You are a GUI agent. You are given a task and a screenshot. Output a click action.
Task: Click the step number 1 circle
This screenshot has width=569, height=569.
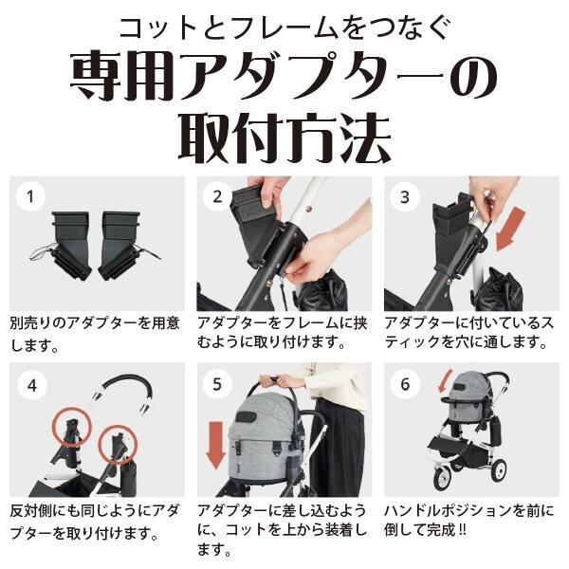point(30,196)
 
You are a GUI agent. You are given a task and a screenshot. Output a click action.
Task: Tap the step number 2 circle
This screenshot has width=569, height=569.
point(217,196)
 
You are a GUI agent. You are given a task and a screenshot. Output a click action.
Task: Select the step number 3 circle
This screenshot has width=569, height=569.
point(405,197)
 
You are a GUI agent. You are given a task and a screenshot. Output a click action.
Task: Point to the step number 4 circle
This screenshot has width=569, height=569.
point(32,385)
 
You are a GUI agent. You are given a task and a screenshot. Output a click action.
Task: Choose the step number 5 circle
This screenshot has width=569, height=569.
point(217,384)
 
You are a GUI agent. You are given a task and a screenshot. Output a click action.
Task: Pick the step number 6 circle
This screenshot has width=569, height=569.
point(405,384)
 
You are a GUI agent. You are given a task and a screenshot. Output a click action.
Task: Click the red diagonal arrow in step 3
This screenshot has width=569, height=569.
point(510,229)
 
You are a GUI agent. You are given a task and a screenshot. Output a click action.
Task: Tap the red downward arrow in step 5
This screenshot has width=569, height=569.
point(216,444)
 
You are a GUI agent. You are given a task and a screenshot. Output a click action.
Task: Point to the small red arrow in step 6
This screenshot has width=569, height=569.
point(445,381)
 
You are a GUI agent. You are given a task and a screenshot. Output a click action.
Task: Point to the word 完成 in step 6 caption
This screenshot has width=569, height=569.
point(441,530)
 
